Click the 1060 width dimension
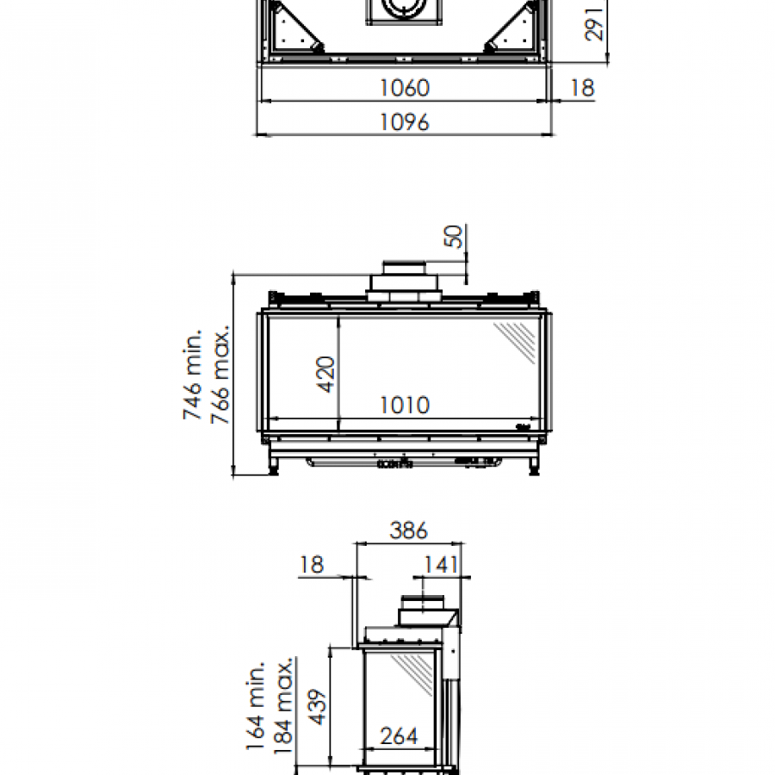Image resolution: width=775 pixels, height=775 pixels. (x=405, y=88)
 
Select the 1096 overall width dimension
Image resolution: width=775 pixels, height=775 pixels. (x=405, y=122)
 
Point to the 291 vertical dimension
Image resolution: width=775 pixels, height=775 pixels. (x=593, y=24)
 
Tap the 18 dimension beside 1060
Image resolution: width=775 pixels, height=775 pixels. (x=582, y=88)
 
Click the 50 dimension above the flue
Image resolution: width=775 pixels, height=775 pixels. (x=454, y=236)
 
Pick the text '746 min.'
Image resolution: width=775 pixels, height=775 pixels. (x=193, y=375)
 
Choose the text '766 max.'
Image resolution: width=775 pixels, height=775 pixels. (x=220, y=375)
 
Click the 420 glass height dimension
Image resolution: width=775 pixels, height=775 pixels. (x=325, y=375)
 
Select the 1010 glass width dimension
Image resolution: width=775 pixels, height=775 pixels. (x=405, y=406)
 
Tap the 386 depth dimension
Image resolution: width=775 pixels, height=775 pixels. (x=408, y=530)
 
